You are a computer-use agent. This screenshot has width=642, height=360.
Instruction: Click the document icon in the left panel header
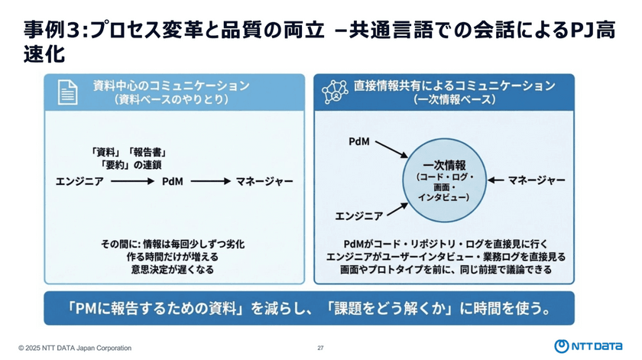pos(69,92)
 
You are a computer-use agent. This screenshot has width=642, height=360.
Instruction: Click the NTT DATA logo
pos(588,346)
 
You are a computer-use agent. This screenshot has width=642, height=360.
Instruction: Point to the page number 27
pos(321,348)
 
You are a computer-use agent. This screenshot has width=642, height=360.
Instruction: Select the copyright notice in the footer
pos(75,348)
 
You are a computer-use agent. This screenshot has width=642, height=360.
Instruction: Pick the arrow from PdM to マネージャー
pos(210,181)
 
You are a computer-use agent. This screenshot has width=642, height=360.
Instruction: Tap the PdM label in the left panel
pos(171,181)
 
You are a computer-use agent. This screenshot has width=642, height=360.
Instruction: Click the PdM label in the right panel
pos(360,142)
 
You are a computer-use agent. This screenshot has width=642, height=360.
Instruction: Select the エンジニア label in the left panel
pos(79,181)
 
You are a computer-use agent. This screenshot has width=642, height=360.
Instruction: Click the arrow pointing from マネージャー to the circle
pos(495,180)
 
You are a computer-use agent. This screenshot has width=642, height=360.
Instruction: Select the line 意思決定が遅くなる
pos(171,270)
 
